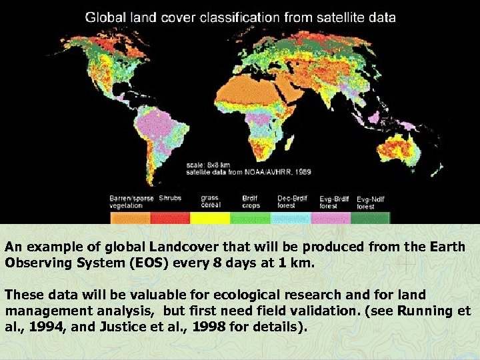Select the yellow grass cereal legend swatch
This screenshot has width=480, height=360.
click(210, 218)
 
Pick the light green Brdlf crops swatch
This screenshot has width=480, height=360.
click(249, 218)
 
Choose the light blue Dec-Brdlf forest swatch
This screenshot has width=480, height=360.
click(291, 218)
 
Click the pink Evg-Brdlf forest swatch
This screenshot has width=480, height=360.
click(331, 218)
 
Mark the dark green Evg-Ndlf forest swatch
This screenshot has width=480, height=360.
click(371, 218)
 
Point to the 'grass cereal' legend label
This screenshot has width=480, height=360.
click(210, 202)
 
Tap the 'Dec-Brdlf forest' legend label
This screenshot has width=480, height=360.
click(291, 202)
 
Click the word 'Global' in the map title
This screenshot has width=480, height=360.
click(104, 17)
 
